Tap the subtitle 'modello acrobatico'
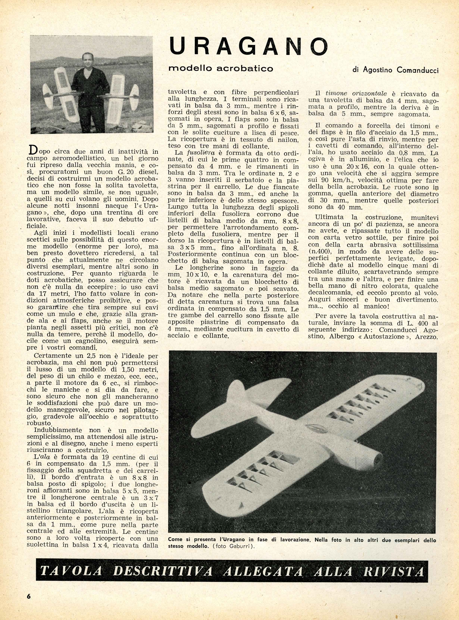tap(221, 68)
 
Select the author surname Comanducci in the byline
tap(418, 70)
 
